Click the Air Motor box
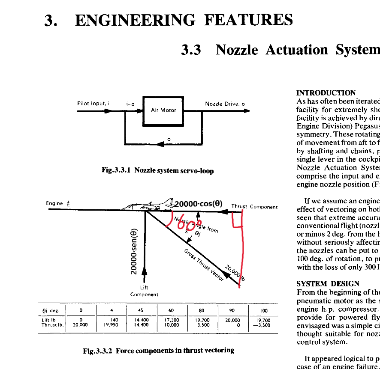point(163,110)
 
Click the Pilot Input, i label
point(93,104)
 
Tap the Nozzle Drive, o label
point(225,104)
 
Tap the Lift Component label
point(144,292)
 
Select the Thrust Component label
point(254,207)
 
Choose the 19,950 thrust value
point(111,325)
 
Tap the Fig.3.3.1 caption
point(157,170)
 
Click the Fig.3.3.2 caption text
point(158,351)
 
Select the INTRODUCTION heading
point(326,93)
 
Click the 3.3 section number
point(191,50)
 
